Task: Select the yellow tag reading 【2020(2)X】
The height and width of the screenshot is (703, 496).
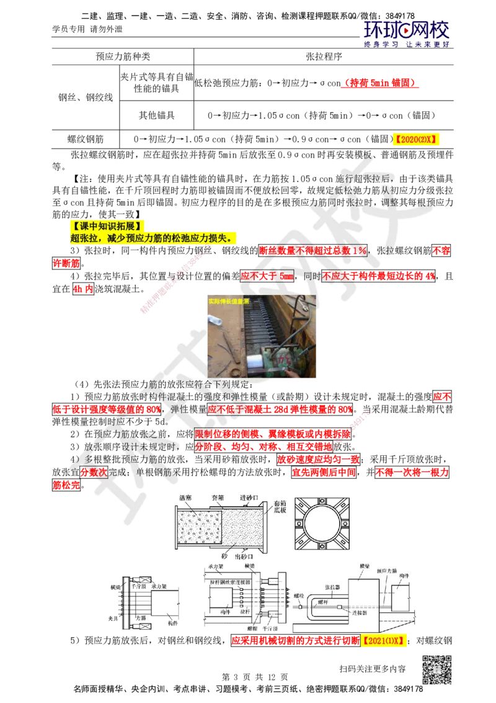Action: [416, 140]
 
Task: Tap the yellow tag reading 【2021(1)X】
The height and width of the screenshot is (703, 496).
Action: [383, 640]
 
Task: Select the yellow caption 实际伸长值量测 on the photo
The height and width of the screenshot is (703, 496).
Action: [229, 301]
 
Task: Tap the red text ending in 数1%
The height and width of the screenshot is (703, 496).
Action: [313, 250]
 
